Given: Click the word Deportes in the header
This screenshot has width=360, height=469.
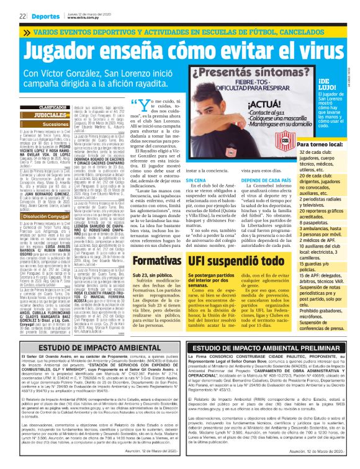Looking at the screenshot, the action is (45, 15).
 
